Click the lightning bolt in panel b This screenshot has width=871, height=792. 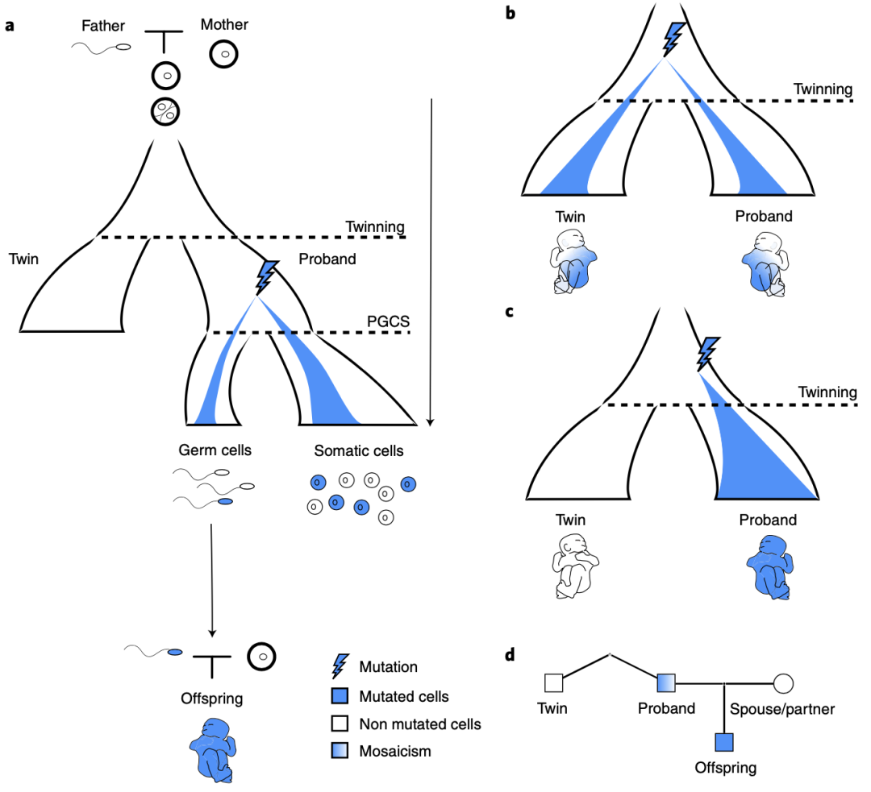673,39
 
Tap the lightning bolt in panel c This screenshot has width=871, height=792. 708,354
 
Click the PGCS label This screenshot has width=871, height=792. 388,321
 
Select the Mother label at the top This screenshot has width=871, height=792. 224,24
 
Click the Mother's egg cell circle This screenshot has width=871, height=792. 224,55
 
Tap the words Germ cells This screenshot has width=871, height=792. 215,450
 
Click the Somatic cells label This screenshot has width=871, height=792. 359,450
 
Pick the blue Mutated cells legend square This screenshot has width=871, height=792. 340,696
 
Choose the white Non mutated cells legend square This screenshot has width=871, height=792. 340,724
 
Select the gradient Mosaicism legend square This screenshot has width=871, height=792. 340,750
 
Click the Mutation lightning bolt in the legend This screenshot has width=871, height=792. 340,666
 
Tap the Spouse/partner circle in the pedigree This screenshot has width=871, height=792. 783,684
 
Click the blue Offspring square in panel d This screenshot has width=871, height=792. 724,742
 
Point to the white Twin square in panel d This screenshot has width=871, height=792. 554,683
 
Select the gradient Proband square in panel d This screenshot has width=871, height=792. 666,683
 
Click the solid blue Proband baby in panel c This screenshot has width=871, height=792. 770,567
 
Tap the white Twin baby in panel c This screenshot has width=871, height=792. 576,566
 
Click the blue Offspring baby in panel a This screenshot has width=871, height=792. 213,750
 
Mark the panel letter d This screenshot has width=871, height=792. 510,655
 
